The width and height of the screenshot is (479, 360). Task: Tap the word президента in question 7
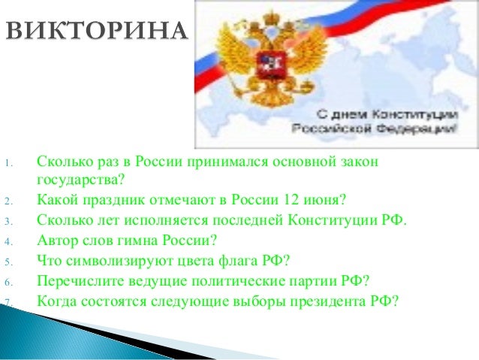[x=333, y=301]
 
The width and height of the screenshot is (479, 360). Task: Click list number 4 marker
[x=6, y=243]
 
